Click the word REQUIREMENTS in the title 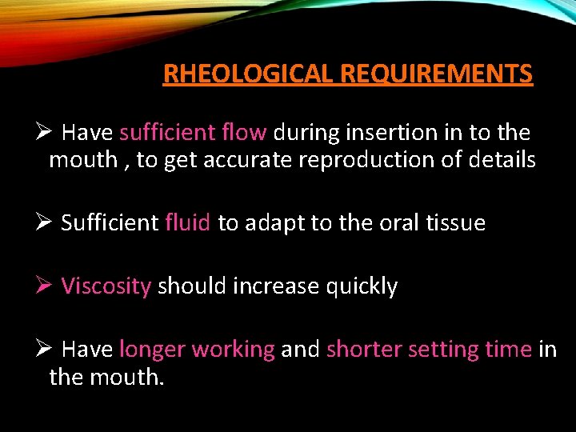tap(436, 74)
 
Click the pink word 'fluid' tap(188, 222)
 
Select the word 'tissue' tap(457, 222)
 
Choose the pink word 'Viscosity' tap(106, 286)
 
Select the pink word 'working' tap(234, 350)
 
